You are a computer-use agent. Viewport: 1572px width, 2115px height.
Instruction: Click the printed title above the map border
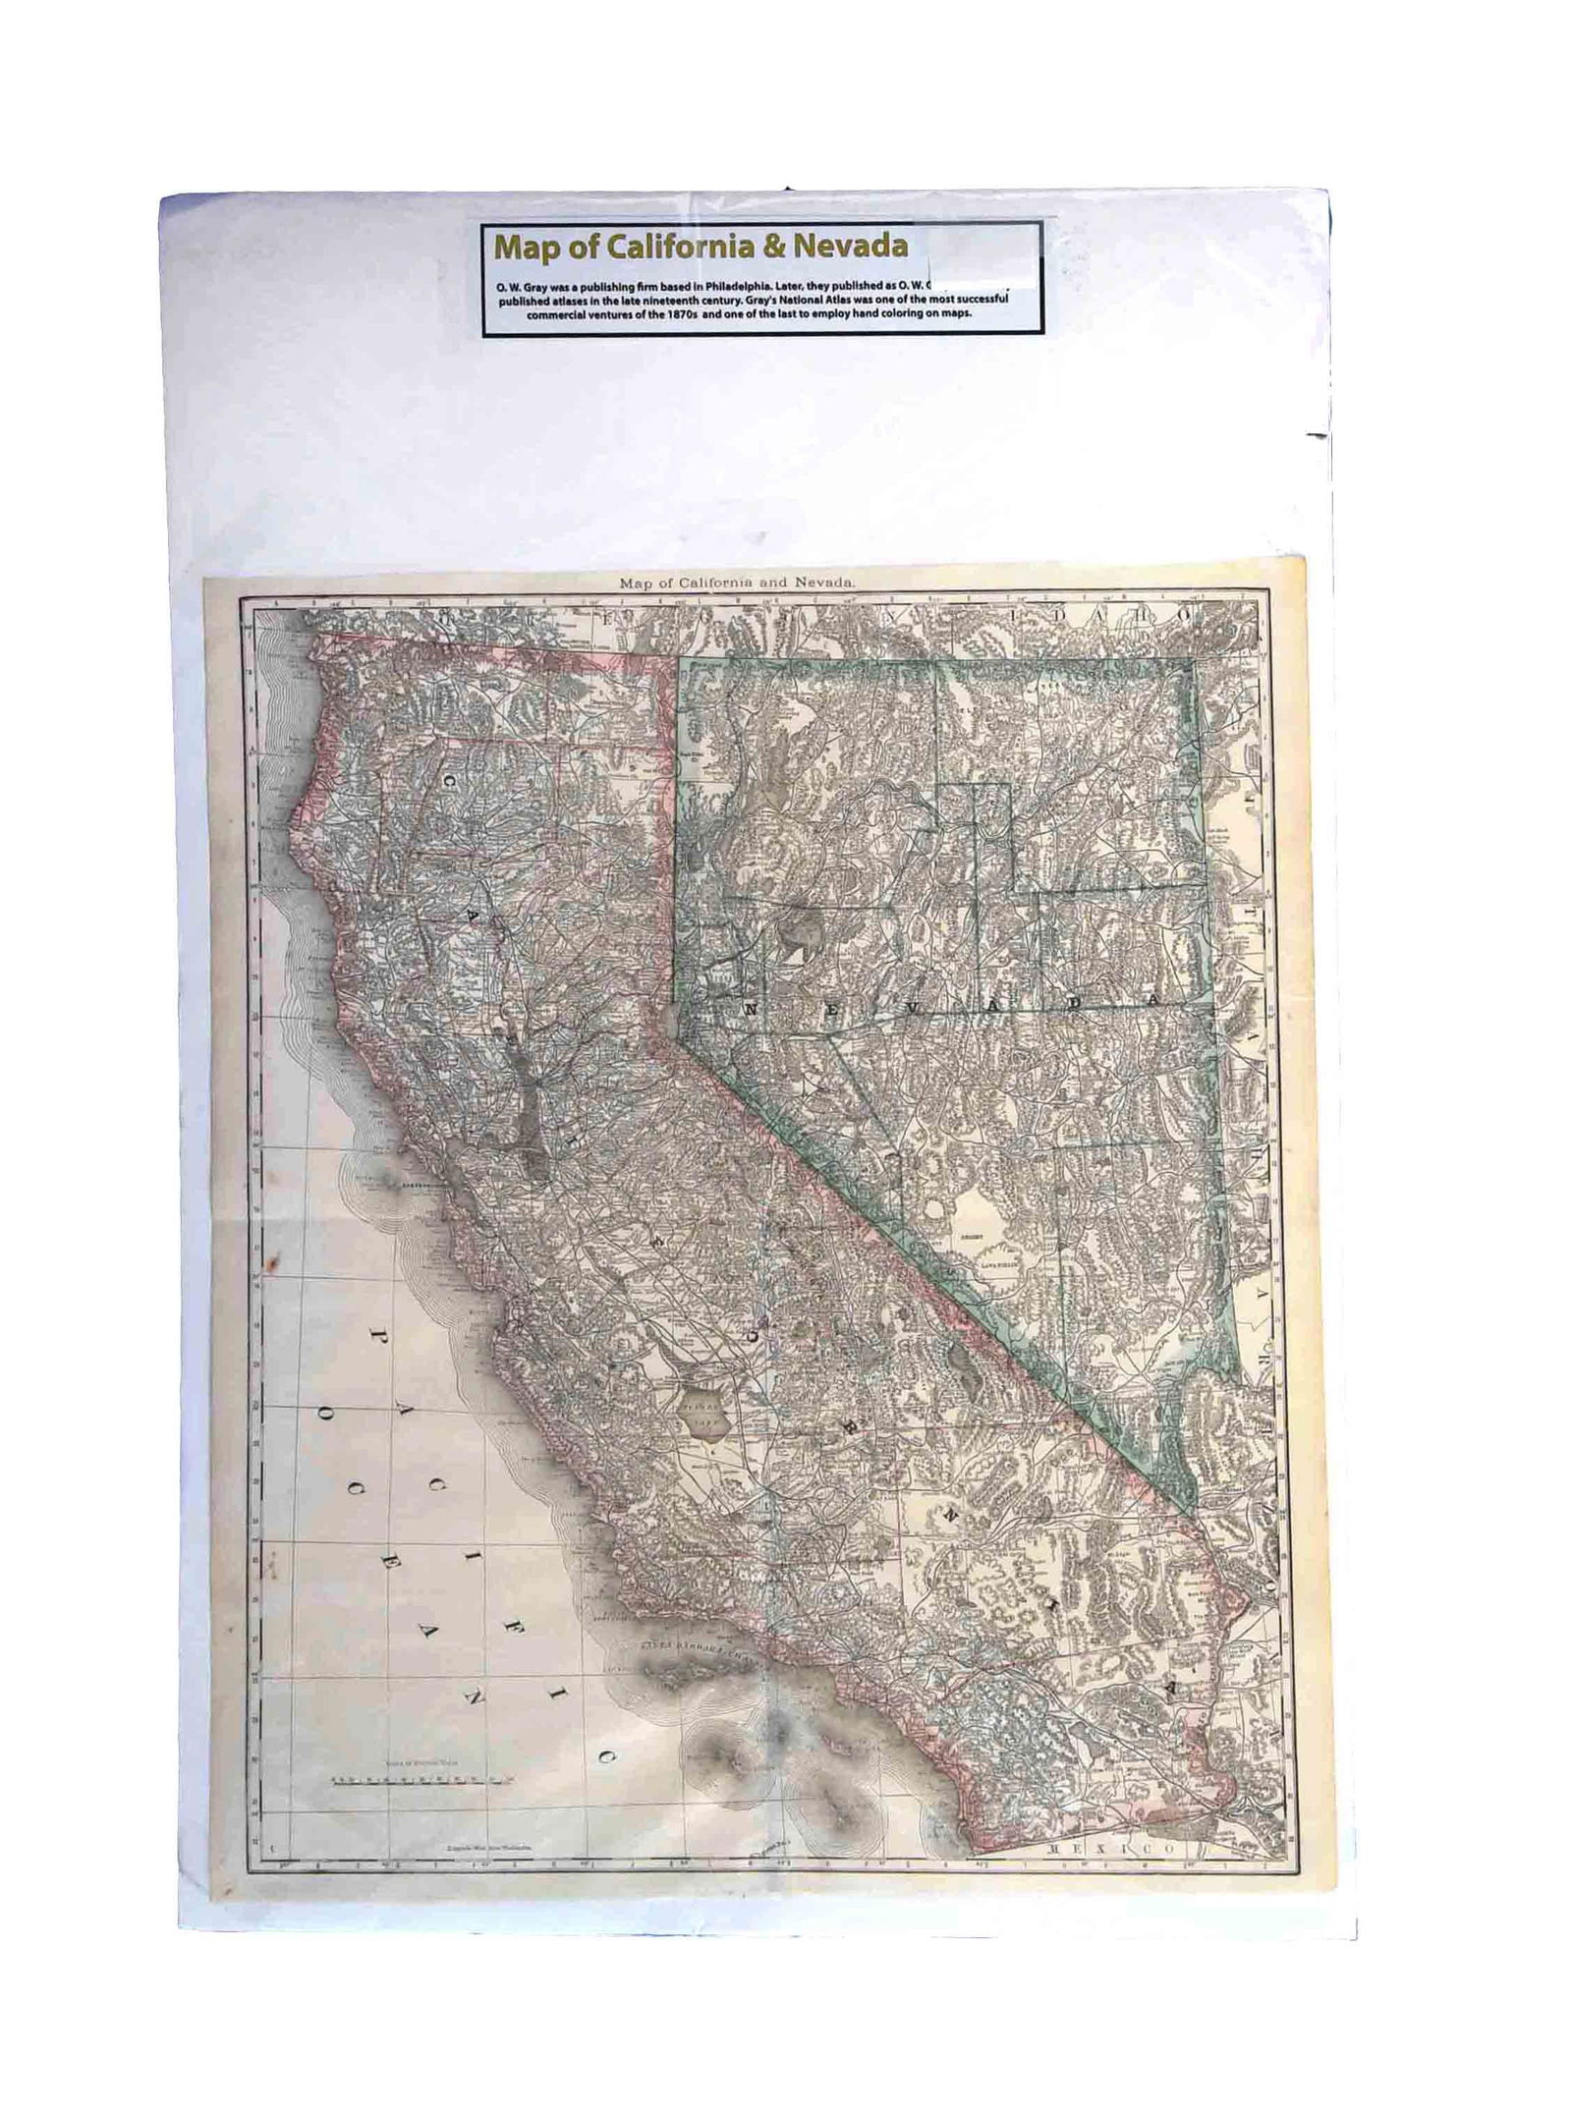(738, 583)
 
